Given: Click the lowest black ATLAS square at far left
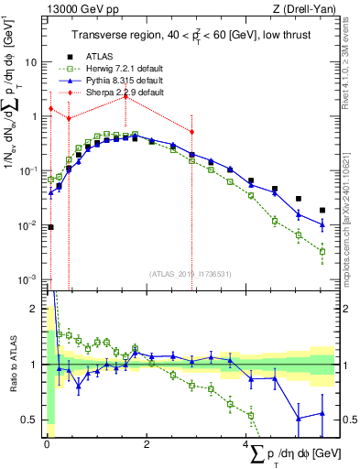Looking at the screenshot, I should tap(50, 227).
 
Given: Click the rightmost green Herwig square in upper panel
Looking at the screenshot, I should tap(322, 251).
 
